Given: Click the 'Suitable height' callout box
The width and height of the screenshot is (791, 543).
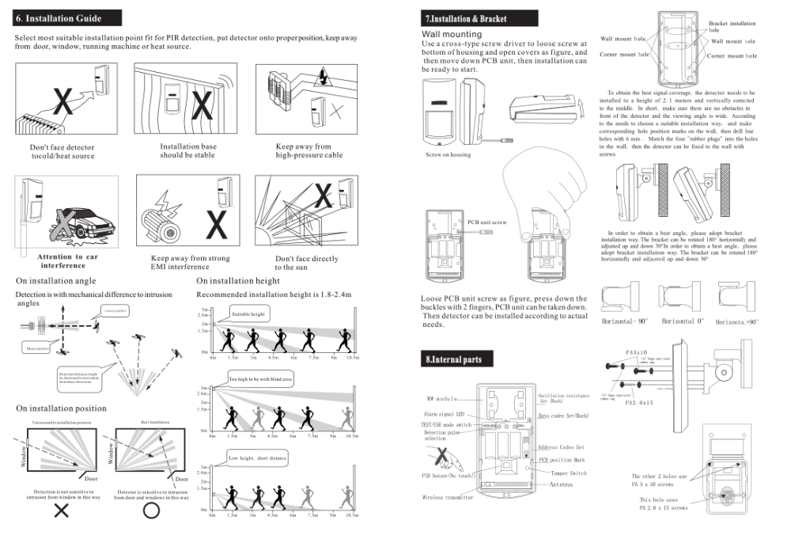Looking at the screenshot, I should tap(248, 314).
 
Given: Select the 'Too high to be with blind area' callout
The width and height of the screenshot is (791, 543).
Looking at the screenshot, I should tap(260, 380).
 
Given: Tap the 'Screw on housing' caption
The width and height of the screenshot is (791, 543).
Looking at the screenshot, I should tap(448, 154).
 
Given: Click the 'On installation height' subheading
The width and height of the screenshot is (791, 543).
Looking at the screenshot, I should tap(238, 281).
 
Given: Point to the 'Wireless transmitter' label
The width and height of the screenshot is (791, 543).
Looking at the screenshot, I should tap(448, 498).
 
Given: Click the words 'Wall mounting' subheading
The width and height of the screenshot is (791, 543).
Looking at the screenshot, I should tap(452, 34).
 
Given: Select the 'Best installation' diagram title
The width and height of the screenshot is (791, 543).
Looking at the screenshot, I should tap(154, 423).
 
